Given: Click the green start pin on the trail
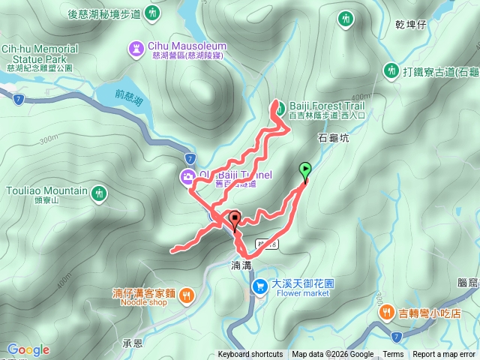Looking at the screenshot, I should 305,169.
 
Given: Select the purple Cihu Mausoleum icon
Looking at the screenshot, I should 136,48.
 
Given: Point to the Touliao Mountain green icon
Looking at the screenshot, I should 98,195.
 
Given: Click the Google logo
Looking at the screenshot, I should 28,350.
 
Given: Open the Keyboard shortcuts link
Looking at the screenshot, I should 250,355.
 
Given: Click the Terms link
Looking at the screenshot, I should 393,355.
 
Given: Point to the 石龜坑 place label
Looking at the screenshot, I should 334,138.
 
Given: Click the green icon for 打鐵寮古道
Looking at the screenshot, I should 391,70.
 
